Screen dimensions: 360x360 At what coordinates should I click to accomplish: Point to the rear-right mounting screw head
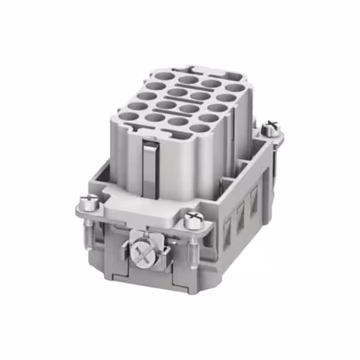271,126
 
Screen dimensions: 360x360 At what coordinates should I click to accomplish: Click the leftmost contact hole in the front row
129,116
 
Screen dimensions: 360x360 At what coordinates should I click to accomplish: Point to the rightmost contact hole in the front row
199,128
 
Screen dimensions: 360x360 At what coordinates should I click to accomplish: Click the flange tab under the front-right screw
200,227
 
